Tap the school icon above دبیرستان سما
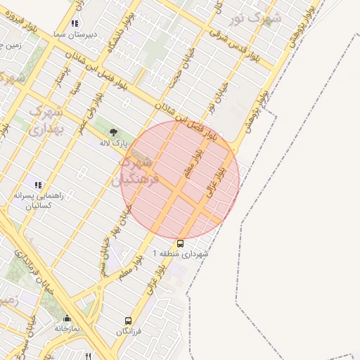coord(75,23)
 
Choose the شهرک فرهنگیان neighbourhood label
coord(141,171)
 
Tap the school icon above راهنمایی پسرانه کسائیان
coord(37,185)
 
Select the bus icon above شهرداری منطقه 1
coord(181,244)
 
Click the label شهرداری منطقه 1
coord(181,254)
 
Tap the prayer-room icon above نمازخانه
coord(67,318)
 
